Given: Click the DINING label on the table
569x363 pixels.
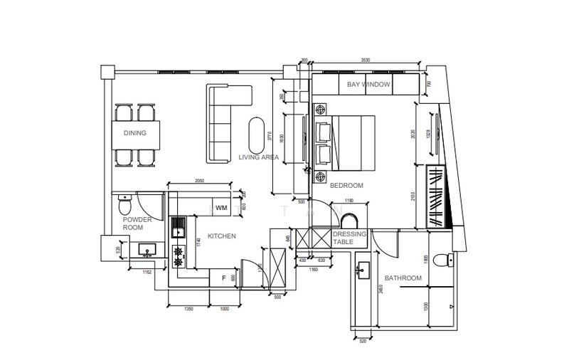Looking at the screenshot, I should click(x=135, y=133).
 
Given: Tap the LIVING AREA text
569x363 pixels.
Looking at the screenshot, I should click(x=258, y=157).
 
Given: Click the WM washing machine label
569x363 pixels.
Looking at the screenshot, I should click(x=221, y=208).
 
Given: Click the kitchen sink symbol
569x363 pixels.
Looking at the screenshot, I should click(x=178, y=228).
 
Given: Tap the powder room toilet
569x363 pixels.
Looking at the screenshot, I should click(x=125, y=207).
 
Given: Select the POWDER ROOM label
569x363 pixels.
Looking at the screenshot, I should click(x=137, y=224).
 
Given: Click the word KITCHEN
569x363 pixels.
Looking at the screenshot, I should click(x=221, y=236).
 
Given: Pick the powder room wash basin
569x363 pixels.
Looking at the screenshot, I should click(x=149, y=249).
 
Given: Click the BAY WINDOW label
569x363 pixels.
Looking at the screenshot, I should click(x=368, y=85).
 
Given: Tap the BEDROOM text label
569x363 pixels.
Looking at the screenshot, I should click(x=346, y=185).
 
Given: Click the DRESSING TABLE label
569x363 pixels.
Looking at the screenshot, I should click(x=350, y=238).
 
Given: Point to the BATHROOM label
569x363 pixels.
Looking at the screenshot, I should click(x=403, y=278).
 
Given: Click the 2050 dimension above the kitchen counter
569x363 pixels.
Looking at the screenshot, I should click(x=200, y=181).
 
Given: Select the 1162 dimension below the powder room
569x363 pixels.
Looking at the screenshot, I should click(x=147, y=272).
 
